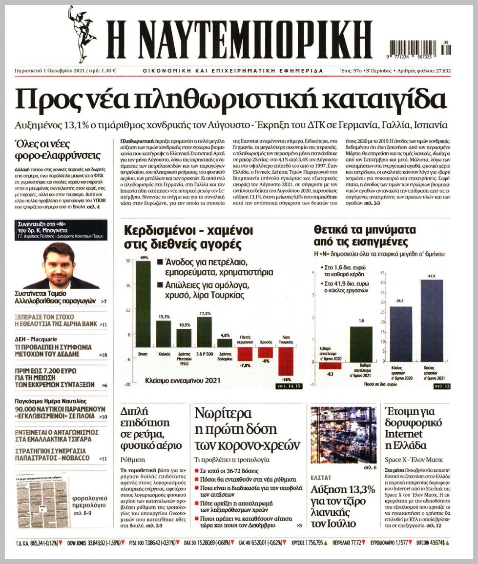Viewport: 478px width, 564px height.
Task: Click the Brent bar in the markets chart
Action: tap(143, 304)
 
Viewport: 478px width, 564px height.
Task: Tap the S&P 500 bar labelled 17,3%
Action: tap(204, 332)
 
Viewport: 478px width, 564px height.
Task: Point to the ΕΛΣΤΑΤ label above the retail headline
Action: tap(321, 477)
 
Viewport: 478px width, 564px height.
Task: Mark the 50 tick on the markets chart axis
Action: tap(128, 261)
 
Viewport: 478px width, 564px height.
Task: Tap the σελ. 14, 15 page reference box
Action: tap(290, 386)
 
